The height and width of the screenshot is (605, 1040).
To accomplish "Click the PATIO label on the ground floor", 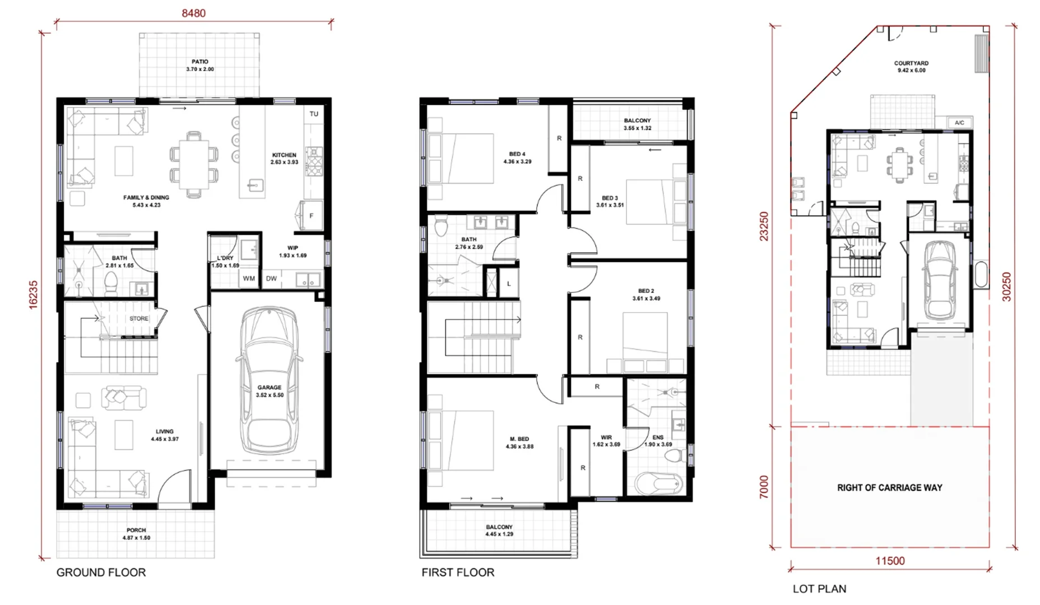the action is click(200, 62).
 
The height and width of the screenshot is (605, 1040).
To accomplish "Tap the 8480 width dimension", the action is click(194, 13).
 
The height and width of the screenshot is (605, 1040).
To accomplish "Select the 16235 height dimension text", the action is click(33, 294).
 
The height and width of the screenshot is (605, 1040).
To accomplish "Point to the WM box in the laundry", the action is click(249, 278).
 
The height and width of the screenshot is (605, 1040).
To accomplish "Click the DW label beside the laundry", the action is click(271, 278).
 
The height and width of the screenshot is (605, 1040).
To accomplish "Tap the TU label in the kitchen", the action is click(314, 114).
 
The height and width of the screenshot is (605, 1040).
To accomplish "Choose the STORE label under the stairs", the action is click(139, 318).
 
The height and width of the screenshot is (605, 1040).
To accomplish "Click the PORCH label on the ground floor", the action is click(136, 530).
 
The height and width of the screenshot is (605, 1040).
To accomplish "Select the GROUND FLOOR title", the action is click(101, 573).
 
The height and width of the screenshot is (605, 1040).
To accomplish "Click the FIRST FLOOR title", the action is click(458, 573).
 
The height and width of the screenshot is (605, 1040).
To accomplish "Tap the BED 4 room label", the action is click(517, 154).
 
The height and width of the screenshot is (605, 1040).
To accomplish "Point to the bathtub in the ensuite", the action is click(659, 483).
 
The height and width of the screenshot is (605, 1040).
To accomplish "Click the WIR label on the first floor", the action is click(606, 438).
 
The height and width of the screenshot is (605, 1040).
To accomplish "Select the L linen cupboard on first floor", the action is click(509, 283).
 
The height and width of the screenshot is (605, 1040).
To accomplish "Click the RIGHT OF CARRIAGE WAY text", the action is click(890, 488).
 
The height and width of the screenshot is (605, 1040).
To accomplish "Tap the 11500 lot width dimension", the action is click(890, 561).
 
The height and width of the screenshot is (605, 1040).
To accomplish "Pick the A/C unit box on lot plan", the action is click(960, 123).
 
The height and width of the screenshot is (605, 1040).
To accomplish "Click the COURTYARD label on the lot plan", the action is click(911, 63).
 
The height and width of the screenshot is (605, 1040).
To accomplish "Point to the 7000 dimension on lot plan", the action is click(764, 487).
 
